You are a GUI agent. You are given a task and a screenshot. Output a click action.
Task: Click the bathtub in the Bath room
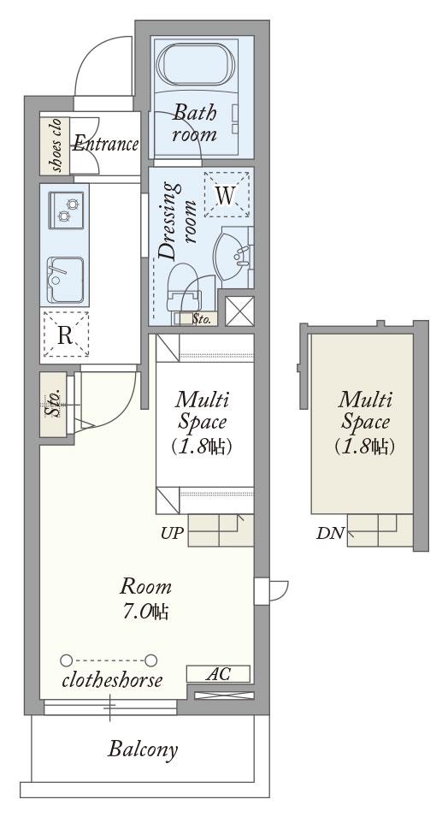point(195,64)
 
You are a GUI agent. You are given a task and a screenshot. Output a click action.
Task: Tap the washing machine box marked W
point(226,194)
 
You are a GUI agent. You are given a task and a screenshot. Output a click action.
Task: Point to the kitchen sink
point(65,280)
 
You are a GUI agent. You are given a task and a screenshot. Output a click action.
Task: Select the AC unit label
point(218,674)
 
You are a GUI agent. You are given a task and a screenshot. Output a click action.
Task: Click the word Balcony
point(143,749)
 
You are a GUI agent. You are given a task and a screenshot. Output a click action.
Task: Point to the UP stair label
point(172,534)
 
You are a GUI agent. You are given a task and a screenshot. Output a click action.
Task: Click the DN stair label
point(330,534)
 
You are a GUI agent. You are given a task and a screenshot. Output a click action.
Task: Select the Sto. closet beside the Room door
point(53,405)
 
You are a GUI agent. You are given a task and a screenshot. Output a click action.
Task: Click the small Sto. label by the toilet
point(202,319)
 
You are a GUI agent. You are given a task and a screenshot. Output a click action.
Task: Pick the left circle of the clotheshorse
point(66,660)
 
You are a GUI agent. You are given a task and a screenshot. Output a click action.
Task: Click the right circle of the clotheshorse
point(151,660)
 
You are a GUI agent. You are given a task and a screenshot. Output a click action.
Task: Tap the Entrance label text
point(106,143)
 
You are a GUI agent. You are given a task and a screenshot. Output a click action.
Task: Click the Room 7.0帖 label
point(146,598)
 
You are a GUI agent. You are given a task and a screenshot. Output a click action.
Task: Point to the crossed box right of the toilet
point(239,311)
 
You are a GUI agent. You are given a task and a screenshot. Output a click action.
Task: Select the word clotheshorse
point(112,680)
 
